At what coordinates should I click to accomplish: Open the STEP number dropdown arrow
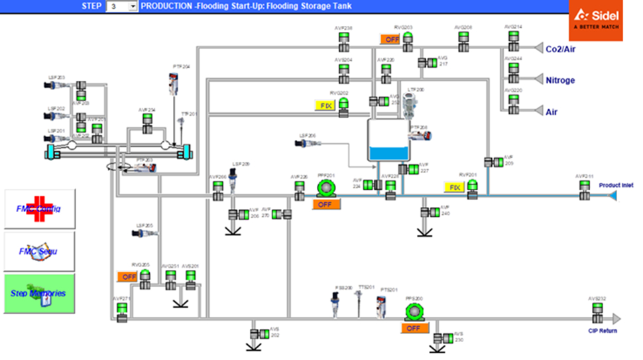(x=133, y=6)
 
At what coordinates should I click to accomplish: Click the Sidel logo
(x=595, y=20)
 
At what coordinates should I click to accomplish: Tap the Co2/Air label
(x=560, y=48)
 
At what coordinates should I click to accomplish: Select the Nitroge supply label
(x=560, y=81)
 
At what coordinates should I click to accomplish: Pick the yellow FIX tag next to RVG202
(x=324, y=105)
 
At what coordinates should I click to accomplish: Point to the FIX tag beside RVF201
(x=454, y=188)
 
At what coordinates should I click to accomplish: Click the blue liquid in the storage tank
(x=390, y=154)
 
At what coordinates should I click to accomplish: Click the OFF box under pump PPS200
(x=414, y=328)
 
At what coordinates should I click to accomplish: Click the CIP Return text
(x=603, y=330)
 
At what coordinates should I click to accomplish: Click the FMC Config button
(x=40, y=209)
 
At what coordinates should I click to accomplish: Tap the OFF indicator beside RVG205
(x=127, y=276)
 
